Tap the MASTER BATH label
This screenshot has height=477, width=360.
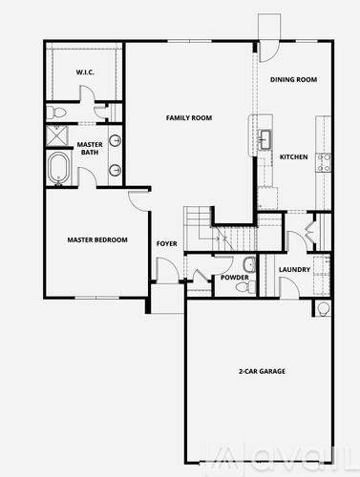[x=90, y=148]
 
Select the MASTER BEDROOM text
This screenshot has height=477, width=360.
[x=97, y=240]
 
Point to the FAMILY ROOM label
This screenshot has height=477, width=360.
[x=188, y=117]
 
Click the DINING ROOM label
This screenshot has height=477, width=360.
[x=293, y=80]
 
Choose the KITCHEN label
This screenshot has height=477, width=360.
[x=293, y=157]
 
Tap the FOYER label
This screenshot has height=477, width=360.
[x=167, y=243]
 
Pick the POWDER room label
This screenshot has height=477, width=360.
[x=235, y=278]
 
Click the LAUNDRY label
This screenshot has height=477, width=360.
[x=294, y=269]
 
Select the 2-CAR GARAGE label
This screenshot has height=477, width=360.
[x=263, y=370]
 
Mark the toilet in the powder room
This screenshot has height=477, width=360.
[x=248, y=264]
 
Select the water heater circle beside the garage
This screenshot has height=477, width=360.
[x=323, y=307]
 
